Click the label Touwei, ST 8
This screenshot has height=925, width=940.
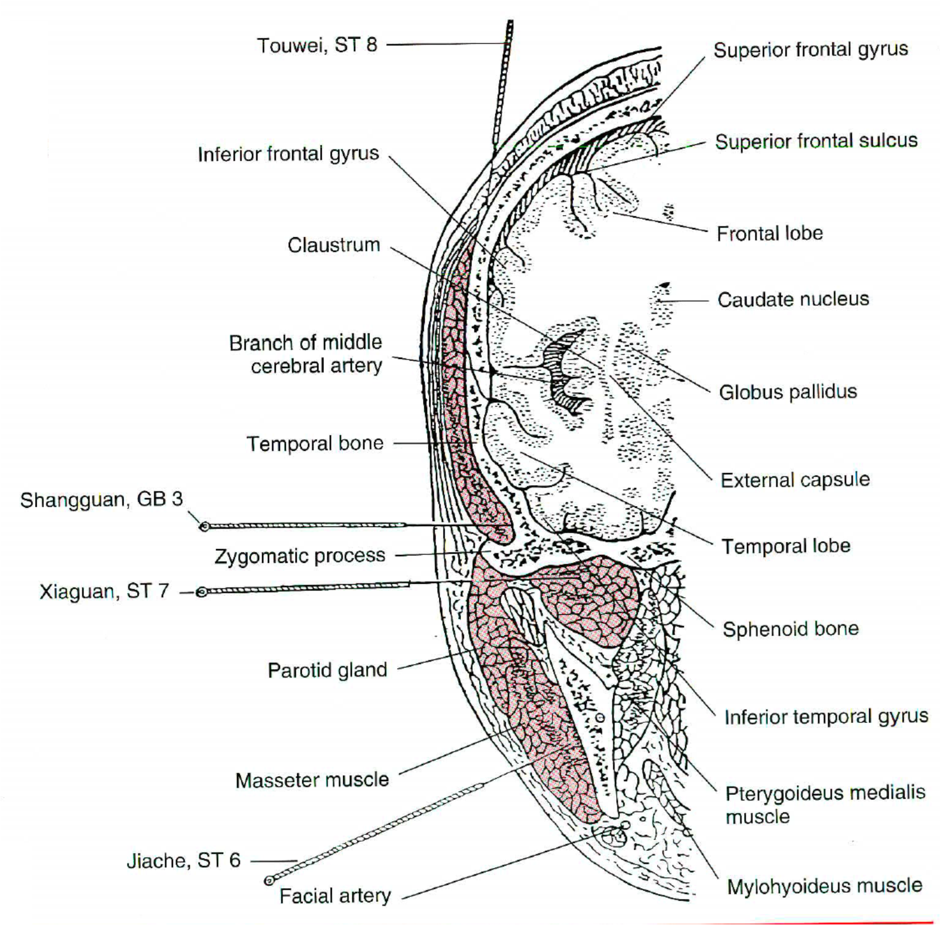click(x=317, y=45)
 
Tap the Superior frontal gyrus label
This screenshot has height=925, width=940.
click(x=810, y=50)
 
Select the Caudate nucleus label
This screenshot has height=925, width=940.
click(x=793, y=299)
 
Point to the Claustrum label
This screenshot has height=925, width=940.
click(x=334, y=245)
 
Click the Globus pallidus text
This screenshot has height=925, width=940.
click(x=788, y=392)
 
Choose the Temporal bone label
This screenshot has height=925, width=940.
click(x=315, y=443)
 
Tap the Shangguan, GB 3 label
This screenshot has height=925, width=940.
click(x=102, y=500)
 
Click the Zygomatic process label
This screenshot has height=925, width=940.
click(x=300, y=556)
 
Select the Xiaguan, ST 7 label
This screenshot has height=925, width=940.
click(x=104, y=592)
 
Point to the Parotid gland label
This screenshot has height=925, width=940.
click(x=327, y=670)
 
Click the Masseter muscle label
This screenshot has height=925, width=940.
click(x=312, y=780)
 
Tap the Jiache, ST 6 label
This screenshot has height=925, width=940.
click(x=183, y=861)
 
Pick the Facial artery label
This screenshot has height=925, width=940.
click(x=335, y=896)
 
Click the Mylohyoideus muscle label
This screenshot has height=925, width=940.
click(x=824, y=886)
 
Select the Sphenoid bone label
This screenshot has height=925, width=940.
click(x=791, y=629)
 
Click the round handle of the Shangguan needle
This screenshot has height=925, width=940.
click(x=204, y=527)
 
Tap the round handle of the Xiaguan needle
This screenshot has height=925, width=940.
click(x=200, y=593)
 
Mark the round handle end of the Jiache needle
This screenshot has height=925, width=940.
click(x=268, y=880)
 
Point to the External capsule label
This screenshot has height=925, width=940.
click(x=795, y=480)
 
